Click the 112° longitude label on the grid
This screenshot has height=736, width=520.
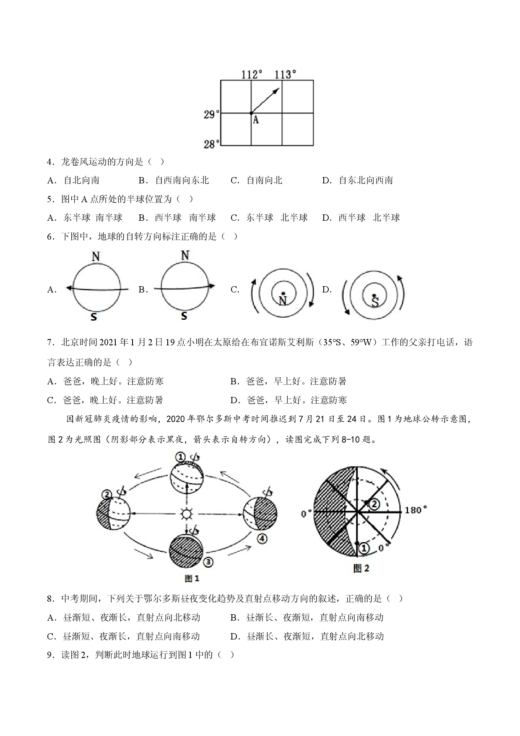tap(252, 74)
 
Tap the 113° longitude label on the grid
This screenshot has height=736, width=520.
tap(285, 74)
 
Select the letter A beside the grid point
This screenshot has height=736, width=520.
tap(256, 120)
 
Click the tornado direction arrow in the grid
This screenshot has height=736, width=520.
tap(265, 101)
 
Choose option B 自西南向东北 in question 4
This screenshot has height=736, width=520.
tap(174, 180)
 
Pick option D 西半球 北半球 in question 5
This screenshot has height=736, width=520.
tap(361, 217)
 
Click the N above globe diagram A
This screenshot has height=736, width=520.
tap(96, 256)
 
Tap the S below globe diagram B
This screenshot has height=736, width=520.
tap(184, 316)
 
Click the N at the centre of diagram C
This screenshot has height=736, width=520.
tap(283, 301)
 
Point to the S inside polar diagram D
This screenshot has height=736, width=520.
tap(375, 302)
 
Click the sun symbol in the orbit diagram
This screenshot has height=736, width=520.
tap(186, 513)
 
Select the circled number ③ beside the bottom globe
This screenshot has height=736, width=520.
tap(208, 562)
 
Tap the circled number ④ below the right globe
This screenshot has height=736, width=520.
tap(262, 538)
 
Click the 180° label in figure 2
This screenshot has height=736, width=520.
tap(416, 510)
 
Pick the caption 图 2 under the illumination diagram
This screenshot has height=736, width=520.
tap(361, 568)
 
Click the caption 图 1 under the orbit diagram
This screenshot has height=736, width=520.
tap(192, 579)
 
